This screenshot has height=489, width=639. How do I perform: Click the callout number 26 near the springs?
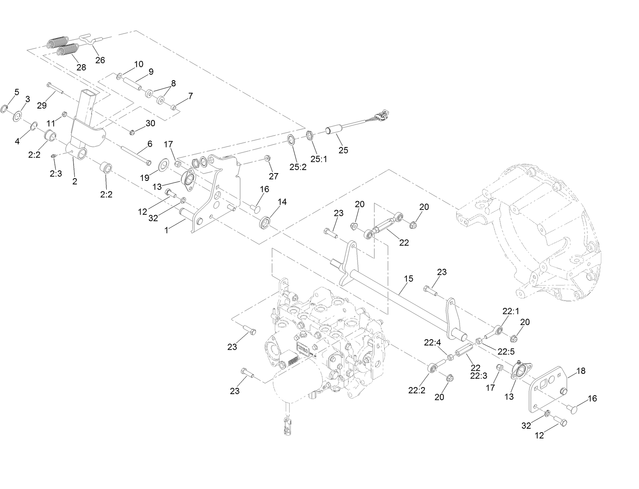pos(100,60)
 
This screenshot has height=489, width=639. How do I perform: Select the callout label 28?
pos(81,68)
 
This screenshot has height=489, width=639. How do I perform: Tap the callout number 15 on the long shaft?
pos(408,279)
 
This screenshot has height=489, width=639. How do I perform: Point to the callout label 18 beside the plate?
pos(581,371)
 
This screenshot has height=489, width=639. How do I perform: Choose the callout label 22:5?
pos(506,352)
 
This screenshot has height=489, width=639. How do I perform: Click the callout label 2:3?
pos(56,174)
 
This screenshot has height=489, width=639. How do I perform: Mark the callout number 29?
pos(42,105)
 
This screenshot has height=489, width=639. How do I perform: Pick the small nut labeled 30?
pos(133,132)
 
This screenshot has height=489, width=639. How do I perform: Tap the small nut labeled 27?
pos(268,158)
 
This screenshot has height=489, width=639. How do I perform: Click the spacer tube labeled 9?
pos(132,84)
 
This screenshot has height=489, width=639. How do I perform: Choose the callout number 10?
pos(139,64)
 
